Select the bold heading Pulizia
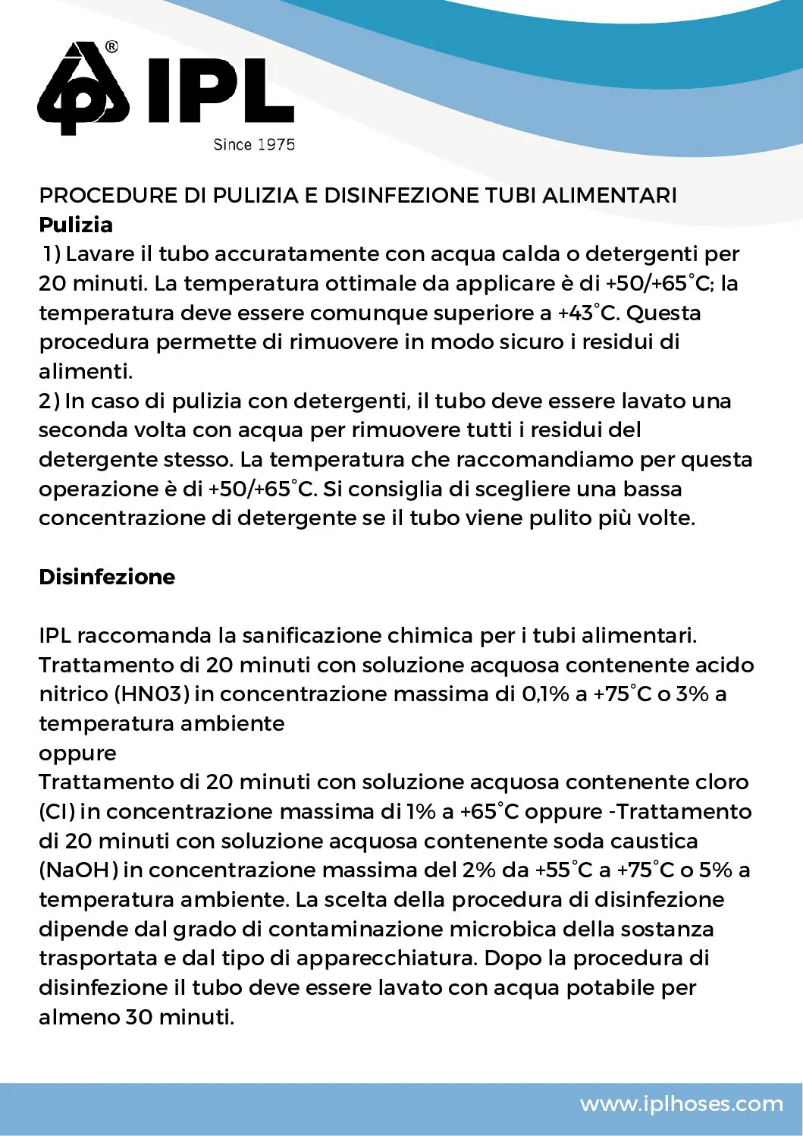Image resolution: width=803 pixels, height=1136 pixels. click(x=76, y=225)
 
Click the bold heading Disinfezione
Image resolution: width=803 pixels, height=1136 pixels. click(x=107, y=577)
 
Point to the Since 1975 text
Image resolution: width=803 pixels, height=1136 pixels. click(x=254, y=144)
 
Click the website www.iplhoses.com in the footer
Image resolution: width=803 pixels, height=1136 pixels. click(x=681, y=1103)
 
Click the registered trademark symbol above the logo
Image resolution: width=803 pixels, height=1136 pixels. click(x=111, y=47)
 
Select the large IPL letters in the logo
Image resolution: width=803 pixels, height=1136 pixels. click(x=220, y=91)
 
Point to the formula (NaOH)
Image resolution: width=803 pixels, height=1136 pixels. click(x=78, y=870)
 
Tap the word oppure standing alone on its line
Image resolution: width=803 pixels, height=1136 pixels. click(x=78, y=754)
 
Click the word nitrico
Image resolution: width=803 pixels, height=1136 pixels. click(x=74, y=694)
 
